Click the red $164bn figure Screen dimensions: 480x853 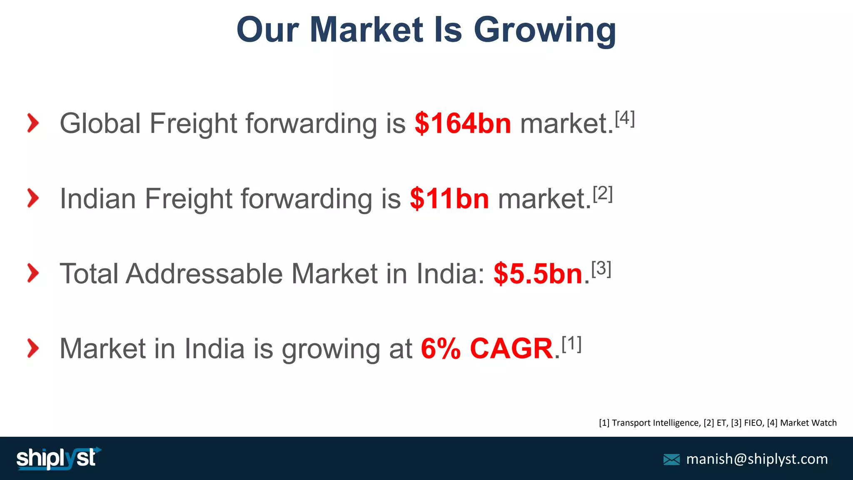(462, 124)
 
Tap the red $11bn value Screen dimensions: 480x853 (449, 199)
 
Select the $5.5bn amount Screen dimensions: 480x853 (538, 274)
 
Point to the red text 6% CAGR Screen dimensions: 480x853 (486, 349)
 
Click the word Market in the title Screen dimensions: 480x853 (367, 30)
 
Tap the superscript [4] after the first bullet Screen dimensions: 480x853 (625, 118)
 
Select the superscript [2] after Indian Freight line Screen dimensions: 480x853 (603, 193)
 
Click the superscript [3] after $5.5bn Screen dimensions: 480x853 (601, 268)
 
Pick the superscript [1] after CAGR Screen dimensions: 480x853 (571, 344)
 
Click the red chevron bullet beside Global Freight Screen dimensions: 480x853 (33, 123)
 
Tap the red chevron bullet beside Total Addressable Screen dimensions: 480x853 (33, 273)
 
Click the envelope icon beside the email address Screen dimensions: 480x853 (671, 460)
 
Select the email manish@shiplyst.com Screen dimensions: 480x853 (757, 459)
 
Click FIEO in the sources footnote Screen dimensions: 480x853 (753, 423)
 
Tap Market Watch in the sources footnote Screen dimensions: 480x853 (808, 423)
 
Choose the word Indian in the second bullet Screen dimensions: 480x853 (98, 199)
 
